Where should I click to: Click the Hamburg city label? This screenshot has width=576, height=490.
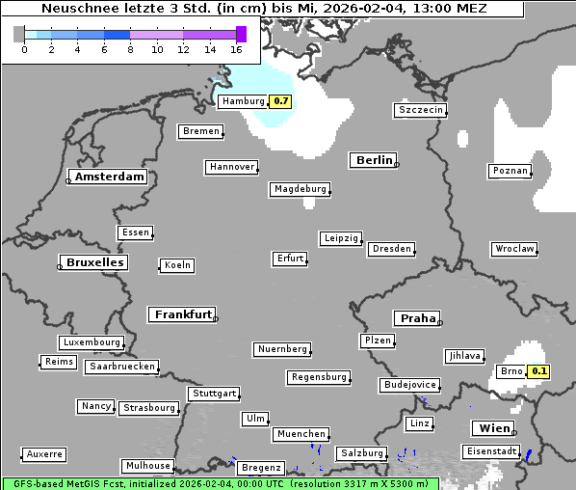242,101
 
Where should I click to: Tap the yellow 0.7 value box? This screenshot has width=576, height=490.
280,101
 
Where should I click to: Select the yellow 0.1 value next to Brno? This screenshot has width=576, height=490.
538,371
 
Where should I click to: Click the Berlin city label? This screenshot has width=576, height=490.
374,160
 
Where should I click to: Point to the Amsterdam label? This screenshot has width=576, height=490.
109,177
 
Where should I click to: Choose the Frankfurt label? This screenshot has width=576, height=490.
183,314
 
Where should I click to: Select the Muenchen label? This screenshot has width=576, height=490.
301,435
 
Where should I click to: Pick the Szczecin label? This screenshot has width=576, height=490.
421,110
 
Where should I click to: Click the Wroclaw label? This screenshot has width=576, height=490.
513,249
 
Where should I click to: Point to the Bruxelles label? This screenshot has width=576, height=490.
94,262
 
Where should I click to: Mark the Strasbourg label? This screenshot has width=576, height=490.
149,408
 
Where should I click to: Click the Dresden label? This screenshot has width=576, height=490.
391,249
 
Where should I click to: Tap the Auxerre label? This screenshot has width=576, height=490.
44,453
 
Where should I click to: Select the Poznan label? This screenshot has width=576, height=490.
510,171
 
